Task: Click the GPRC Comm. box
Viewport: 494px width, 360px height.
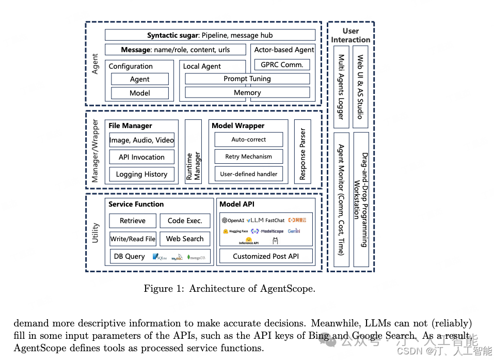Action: [x=282, y=65]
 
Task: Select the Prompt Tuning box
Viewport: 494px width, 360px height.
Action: [x=247, y=79]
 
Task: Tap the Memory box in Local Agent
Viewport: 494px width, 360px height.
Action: [x=247, y=92]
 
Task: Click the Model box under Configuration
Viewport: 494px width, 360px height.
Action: [x=140, y=93]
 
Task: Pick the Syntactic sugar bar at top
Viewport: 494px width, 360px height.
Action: [x=210, y=35]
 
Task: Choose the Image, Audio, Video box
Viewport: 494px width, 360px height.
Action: [x=141, y=140]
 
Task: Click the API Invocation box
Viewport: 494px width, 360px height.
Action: [x=141, y=157]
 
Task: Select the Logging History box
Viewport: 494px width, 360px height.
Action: [x=141, y=174]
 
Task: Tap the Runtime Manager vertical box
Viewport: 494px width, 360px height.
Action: [x=193, y=152]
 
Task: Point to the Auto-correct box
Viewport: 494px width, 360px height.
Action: [x=248, y=139]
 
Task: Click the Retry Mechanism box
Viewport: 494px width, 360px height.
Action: [x=248, y=156]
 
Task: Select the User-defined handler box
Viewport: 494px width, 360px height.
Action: [x=248, y=174]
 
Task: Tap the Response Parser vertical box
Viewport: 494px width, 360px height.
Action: [x=302, y=152]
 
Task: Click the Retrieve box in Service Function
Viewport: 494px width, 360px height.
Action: [x=133, y=221]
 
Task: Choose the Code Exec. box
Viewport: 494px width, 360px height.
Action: [x=185, y=221]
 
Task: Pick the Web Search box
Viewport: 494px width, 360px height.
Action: [x=185, y=239]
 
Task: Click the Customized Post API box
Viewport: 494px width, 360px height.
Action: [x=266, y=256]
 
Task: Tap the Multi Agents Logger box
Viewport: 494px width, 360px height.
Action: [x=341, y=87]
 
